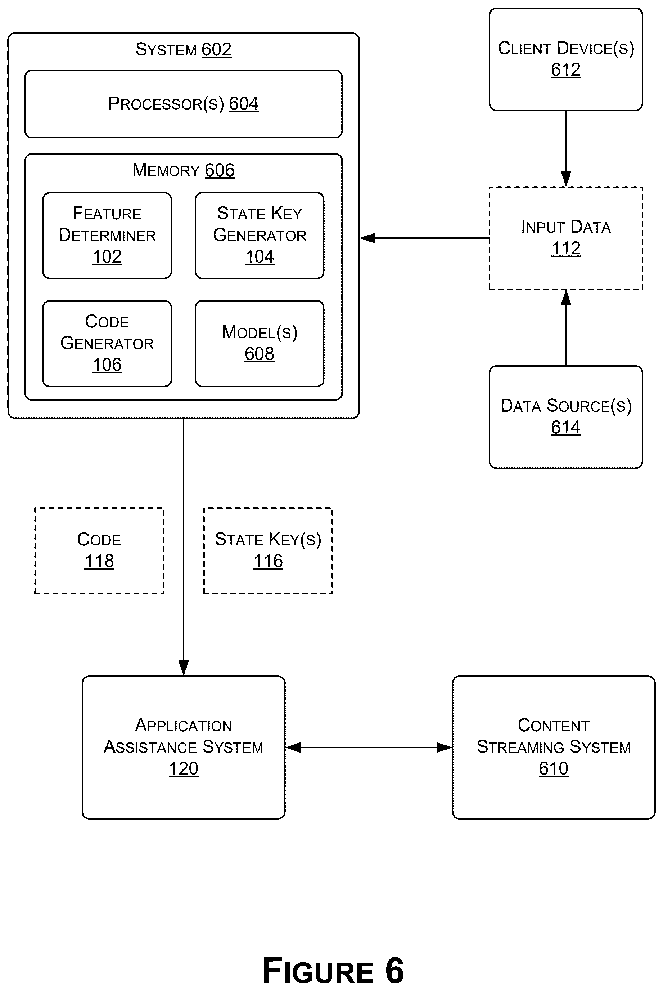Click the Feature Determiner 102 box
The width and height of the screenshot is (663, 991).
(x=107, y=236)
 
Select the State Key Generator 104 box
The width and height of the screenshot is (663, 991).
(x=260, y=236)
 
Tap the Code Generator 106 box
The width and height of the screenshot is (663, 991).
(x=107, y=344)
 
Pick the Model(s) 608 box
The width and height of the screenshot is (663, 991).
(x=260, y=344)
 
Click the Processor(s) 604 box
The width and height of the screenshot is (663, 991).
(x=184, y=104)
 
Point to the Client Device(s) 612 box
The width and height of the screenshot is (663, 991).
(x=566, y=59)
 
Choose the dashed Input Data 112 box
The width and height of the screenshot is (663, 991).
(x=566, y=238)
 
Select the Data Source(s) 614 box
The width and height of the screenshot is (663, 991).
(x=566, y=417)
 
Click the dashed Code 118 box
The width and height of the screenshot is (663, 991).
(x=99, y=551)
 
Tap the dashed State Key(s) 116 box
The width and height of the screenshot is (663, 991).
(x=268, y=551)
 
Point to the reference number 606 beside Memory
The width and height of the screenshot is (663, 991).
(x=220, y=170)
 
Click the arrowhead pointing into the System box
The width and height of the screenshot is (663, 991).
(x=367, y=238)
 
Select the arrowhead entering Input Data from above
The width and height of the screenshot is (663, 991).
(x=566, y=179)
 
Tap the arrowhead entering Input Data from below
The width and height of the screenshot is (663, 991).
(x=566, y=298)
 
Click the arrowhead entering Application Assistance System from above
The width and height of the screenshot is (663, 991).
(x=184, y=668)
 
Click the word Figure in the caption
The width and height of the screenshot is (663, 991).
(x=319, y=971)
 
